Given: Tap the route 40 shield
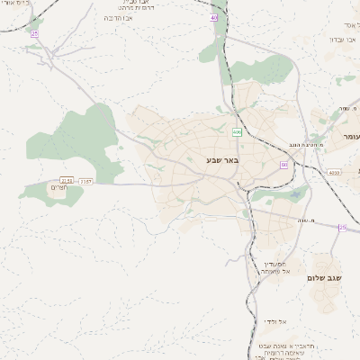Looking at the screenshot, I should pyautogui.click(x=214, y=17).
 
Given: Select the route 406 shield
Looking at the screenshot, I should pyautogui.click(x=237, y=132).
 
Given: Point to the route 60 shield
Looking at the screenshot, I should pyautogui.click(x=284, y=165).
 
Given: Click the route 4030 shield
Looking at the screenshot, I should pyautogui.click(x=334, y=173).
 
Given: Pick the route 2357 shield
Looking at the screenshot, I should pyautogui.click(x=85, y=181).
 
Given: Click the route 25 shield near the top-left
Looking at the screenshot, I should pyautogui.click(x=34, y=33).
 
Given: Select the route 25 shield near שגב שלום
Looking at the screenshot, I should pyautogui.click(x=342, y=228).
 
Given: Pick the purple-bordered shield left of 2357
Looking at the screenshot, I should pyautogui.click(x=66, y=181).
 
